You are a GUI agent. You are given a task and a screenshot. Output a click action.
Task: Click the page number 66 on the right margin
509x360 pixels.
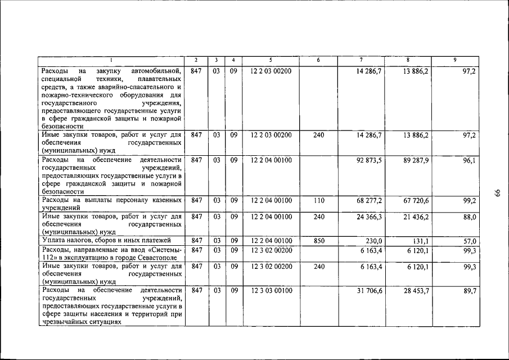coord(497,193)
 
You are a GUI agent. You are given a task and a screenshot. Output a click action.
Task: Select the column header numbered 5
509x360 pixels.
coord(270,60)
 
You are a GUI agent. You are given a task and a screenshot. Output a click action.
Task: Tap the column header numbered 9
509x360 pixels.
coord(454,60)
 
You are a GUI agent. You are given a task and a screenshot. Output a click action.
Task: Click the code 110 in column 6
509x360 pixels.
coord(319,200)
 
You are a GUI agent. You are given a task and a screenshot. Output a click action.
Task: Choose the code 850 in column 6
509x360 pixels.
coord(319,241)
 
